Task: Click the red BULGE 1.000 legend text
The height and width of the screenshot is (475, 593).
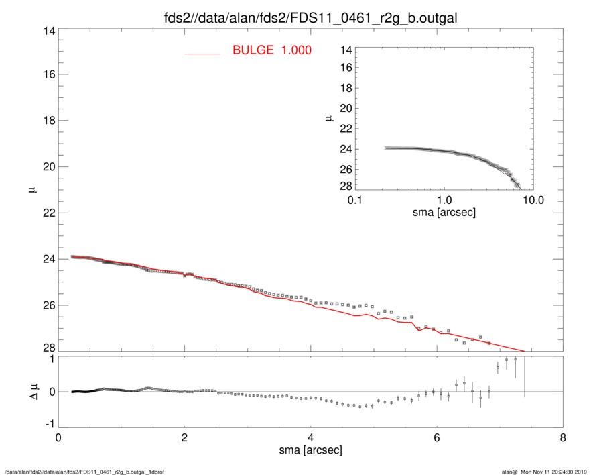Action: (271, 50)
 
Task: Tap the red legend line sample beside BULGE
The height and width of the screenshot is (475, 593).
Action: (202, 53)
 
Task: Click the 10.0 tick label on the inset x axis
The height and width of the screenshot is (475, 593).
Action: (533, 200)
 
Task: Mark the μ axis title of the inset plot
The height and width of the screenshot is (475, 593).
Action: (328, 118)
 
